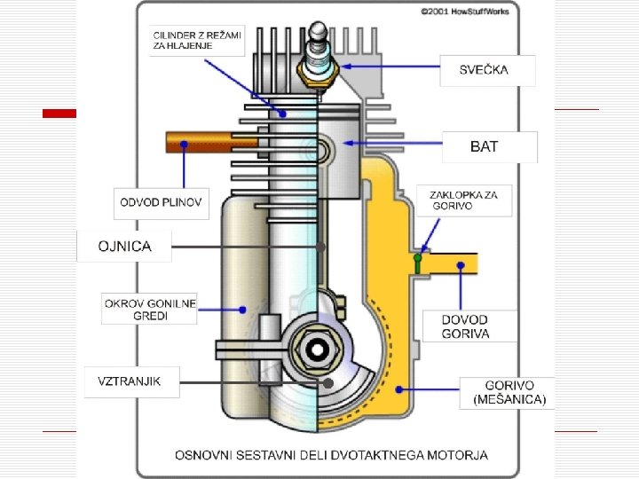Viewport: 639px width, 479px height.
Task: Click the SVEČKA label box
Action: point(487,70)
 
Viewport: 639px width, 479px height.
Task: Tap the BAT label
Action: point(489,147)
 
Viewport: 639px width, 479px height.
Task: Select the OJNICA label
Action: point(124,247)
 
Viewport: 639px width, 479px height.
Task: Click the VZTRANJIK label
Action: point(131,382)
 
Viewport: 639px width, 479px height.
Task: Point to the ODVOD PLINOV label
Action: point(161,203)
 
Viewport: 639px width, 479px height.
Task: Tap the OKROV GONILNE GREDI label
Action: point(149,309)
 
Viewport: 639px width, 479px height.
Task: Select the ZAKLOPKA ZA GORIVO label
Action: point(464,200)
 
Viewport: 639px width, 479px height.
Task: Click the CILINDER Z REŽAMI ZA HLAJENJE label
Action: point(197,41)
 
